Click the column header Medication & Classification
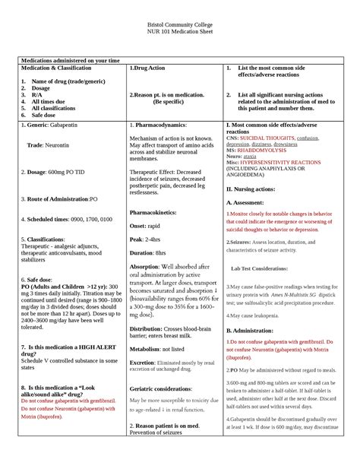pos(64,68)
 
